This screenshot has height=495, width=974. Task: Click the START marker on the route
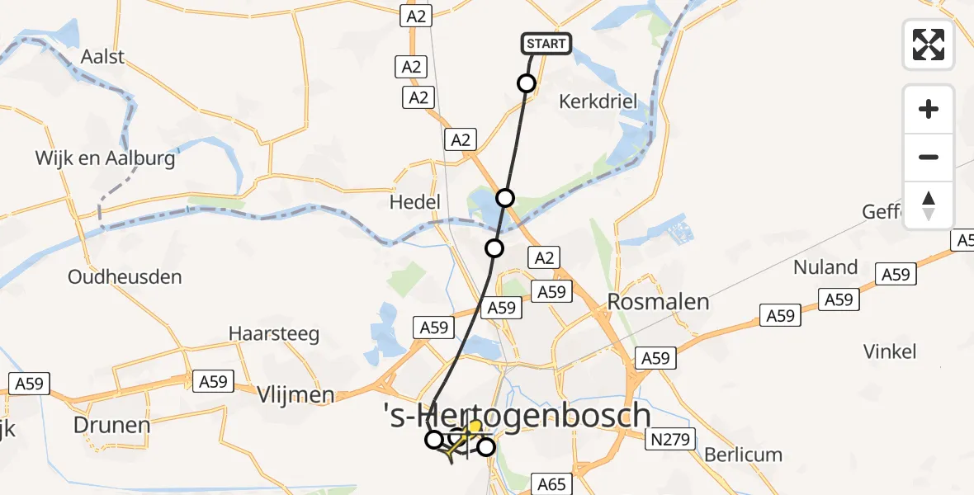click(x=546, y=44)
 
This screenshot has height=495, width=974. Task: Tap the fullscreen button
click(x=929, y=45)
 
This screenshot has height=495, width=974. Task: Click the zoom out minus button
click(x=929, y=157)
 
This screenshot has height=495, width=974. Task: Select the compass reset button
click(x=929, y=205)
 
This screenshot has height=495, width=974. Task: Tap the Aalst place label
click(x=102, y=57)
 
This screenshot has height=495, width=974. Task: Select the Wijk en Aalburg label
click(x=105, y=158)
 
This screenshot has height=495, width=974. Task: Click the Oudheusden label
click(x=125, y=276)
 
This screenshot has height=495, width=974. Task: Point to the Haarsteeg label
click(x=273, y=335)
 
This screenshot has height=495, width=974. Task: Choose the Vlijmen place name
click(x=295, y=395)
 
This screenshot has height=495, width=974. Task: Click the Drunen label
click(x=112, y=426)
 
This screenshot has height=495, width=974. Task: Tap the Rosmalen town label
click(x=658, y=302)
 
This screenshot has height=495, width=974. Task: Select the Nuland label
click(x=825, y=267)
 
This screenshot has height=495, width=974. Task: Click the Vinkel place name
click(x=890, y=351)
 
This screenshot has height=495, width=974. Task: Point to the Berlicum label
click(x=743, y=455)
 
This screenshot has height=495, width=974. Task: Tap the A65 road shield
click(x=551, y=483)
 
